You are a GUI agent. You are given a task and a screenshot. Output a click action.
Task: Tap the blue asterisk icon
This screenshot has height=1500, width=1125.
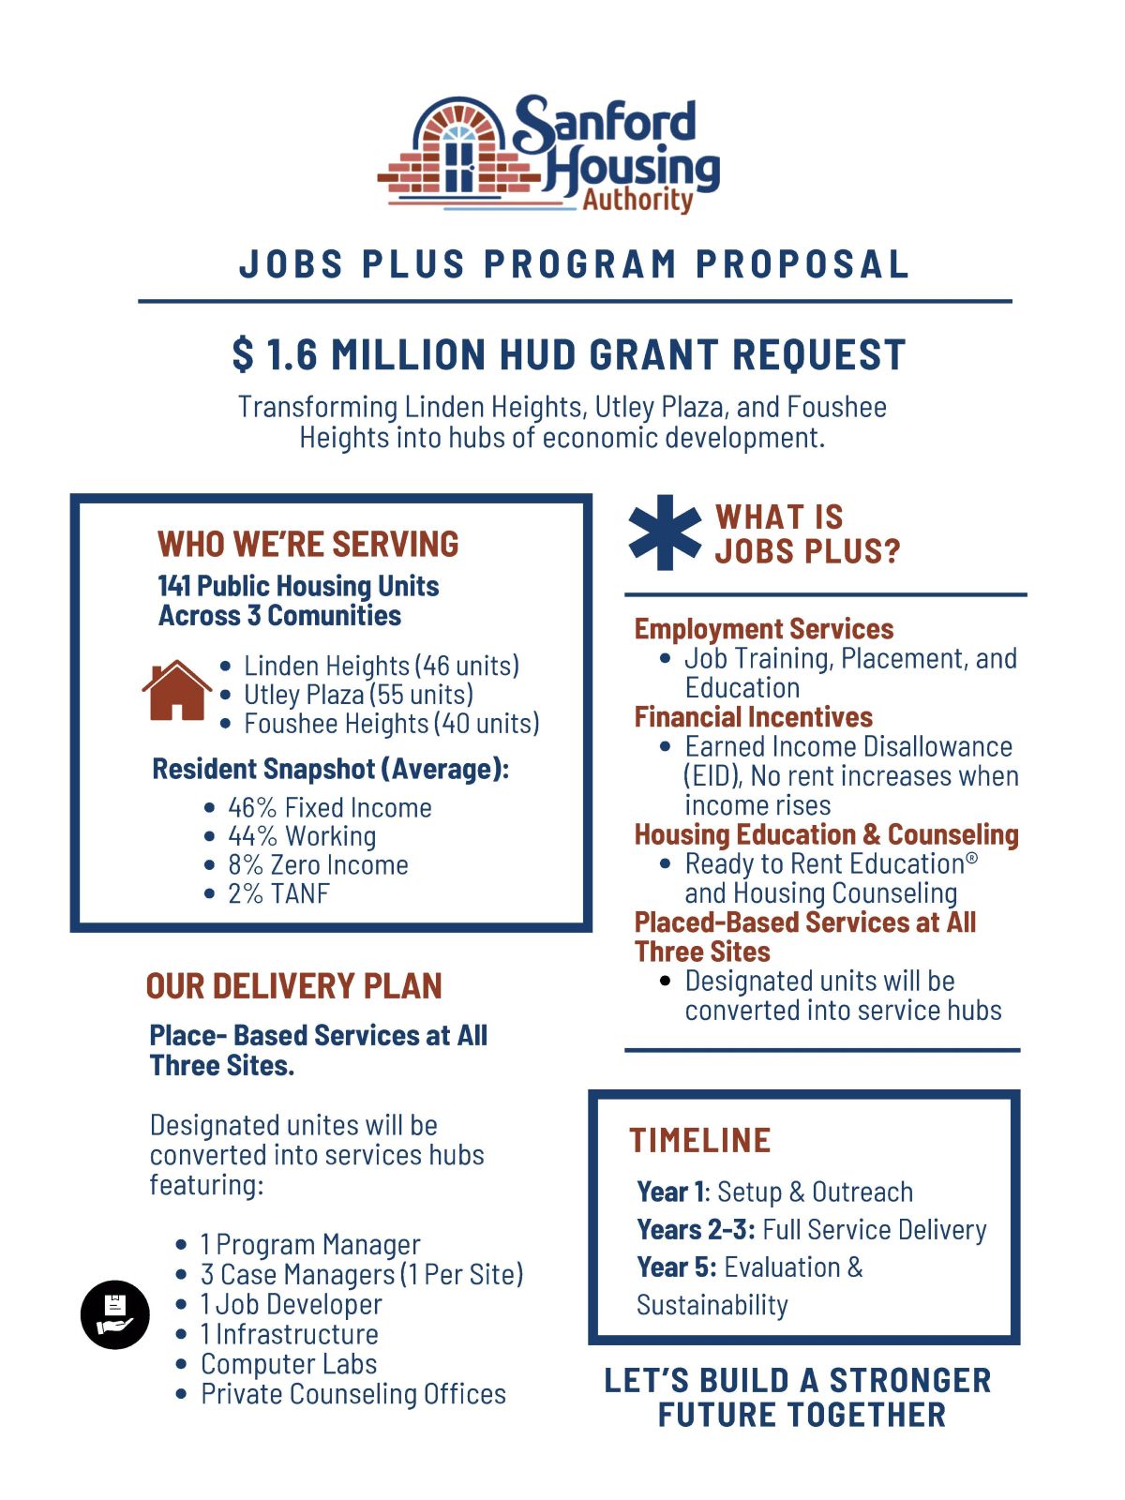point(665,532)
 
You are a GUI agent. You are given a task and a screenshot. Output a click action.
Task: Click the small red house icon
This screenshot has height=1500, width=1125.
point(176,691)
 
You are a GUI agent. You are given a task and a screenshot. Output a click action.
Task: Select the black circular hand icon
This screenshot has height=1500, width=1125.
point(115,1314)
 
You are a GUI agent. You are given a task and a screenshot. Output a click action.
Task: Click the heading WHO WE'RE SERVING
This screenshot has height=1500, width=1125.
point(308,544)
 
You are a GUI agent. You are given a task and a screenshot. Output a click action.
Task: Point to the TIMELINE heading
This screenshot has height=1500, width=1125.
point(700,1140)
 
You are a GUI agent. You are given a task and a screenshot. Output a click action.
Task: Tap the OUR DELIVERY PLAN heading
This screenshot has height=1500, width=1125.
point(294,986)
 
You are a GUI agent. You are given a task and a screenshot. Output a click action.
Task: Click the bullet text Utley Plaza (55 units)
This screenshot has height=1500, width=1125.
point(358,695)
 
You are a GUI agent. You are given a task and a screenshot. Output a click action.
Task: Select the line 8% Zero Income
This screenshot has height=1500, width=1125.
point(318,864)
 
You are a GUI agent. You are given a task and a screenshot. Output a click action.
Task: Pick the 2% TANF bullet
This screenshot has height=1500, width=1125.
point(278,893)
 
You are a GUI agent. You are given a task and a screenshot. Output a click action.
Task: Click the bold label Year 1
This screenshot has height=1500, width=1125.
point(671,1192)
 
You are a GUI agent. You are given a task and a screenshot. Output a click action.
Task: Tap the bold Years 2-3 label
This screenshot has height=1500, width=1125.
point(696,1229)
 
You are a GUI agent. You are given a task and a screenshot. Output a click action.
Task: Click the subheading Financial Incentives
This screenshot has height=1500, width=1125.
point(753,717)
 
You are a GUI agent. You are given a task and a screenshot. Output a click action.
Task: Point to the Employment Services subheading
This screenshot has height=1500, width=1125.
point(764,629)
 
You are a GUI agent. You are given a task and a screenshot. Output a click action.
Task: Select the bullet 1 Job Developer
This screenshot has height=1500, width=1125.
point(291,1304)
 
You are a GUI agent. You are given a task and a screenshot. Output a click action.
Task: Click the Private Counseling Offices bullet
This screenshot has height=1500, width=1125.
point(352,1394)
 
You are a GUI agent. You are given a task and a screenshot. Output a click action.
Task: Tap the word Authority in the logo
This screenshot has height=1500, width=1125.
point(637,199)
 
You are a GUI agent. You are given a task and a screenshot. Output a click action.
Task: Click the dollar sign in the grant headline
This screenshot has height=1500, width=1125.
point(243,354)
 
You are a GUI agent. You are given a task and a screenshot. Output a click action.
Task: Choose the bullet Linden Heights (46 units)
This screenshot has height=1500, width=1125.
point(381,666)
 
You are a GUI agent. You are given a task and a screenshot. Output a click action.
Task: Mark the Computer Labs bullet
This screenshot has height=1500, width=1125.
point(289,1364)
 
